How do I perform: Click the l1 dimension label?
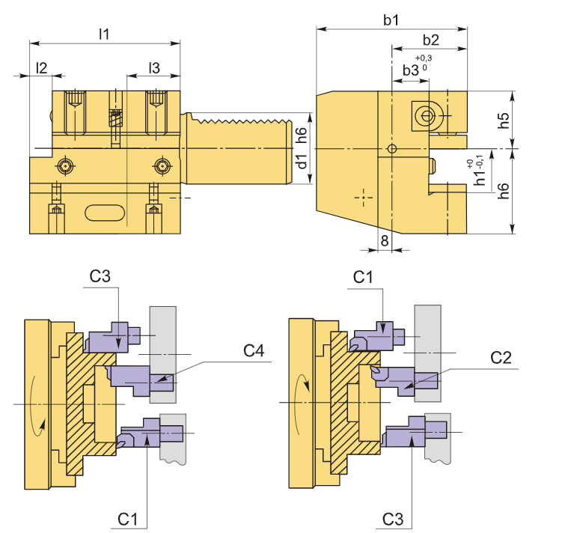pyautogui.click(x=105, y=34)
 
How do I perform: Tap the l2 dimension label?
pyautogui.click(x=41, y=67)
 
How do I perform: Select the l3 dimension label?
pyautogui.click(x=154, y=67)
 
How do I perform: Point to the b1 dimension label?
pyautogui.click(x=391, y=21)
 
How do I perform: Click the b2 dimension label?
pyautogui.click(x=430, y=40)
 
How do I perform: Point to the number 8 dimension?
pyautogui.click(x=384, y=240)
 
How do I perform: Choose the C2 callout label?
pyautogui.click(x=503, y=357)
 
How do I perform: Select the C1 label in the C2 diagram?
pyautogui.click(x=364, y=277)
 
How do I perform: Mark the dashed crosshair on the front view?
pyautogui.click(x=364, y=197)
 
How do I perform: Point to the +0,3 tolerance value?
pyautogui.click(x=423, y=58)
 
